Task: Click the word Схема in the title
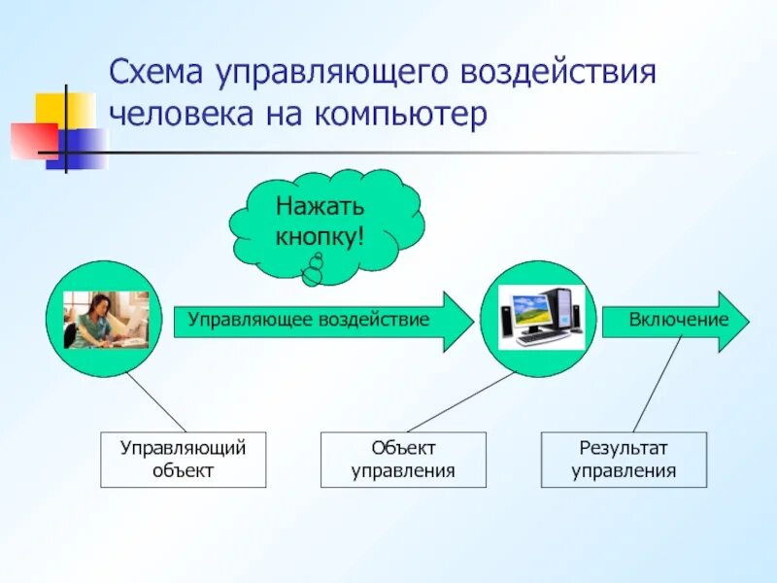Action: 157,73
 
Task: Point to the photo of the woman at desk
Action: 106,320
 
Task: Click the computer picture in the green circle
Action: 540,317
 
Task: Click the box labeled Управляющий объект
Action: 183,460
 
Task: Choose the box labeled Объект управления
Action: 402,460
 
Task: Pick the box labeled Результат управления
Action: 624,460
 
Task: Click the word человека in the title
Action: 176,116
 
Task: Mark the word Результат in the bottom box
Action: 624,448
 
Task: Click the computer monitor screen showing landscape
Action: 529,310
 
